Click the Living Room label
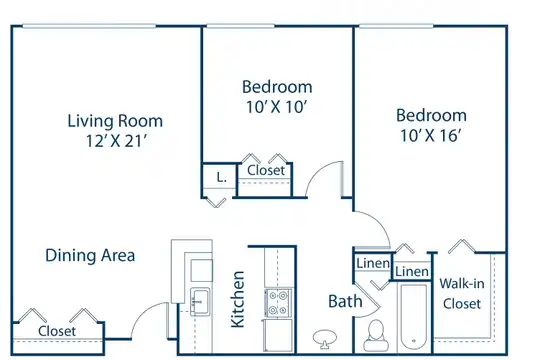(115, 121)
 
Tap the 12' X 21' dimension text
(116, 141)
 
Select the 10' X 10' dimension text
(276, 107)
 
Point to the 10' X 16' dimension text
(430, 135)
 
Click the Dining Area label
(90, 256)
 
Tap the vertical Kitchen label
(238, 299)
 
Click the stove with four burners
(278, 302)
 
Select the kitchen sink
(200, 301)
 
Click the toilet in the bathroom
(376, 336)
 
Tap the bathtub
(414, 317)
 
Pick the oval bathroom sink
(325, 338)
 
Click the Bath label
(345, 301)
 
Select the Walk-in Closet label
(462, 294)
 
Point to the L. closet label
(221, 177)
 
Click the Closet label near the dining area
(57, 331)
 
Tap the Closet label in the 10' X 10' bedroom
(266, 170)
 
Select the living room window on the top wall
(89, 26)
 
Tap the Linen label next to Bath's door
(373, 264)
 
